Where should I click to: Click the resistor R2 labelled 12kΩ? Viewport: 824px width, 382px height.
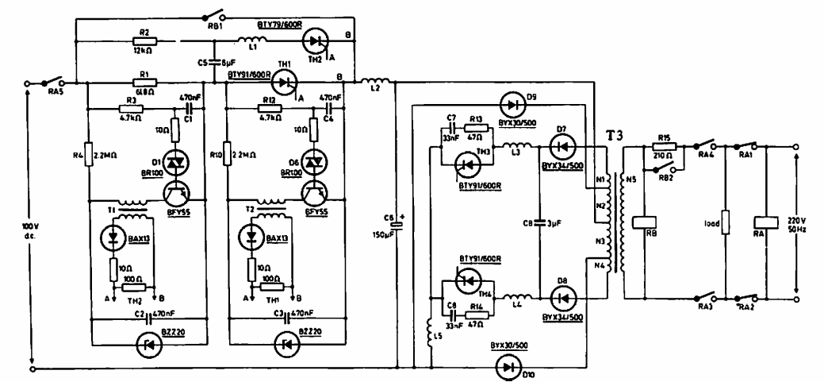click(x=144, y=41)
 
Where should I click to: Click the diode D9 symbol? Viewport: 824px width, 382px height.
click(x=511, y=102)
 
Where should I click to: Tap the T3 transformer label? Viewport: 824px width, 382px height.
click(x=615, y=134)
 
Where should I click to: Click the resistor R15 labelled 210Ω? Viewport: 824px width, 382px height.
click(x=663, y=146)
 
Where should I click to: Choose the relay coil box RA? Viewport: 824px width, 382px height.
click(x=765, y=224)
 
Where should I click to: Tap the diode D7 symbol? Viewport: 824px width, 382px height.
click(x=561, y=147)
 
